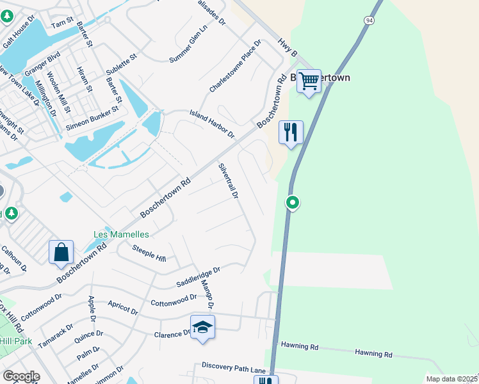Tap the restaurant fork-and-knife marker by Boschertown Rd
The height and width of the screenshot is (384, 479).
pyautogui.click(x=291, y=132)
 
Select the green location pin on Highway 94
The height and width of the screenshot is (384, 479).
pyautogui.click(x=293, y=203)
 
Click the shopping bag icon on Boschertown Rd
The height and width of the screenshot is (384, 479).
pyautogui.click(x=61, y=252)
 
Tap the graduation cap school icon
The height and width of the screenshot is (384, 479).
pyautogui.click(x=203, y=327)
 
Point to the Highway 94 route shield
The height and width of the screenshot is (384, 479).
pyautogui.click(x=369, y=20)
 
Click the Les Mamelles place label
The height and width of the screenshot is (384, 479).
pyautogui.click(x=121, y=235)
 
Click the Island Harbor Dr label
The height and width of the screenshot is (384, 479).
pyautogui.click(x=212, y=124)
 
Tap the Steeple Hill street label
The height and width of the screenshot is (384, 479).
pyautogui.click(x=149, y=254)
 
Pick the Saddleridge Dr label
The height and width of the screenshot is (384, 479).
pyautogui.click(x=198, y=277)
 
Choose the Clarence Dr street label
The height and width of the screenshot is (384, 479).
pyautogui.click(x=172, y=334)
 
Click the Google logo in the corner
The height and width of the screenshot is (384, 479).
pyautogui.click(x=21, y=376)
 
